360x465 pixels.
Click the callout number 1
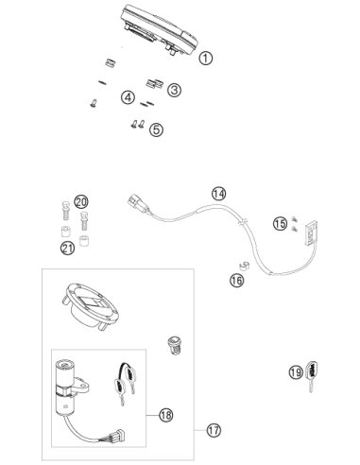(x=206, y=59)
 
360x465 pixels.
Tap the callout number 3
(x=174, y=90)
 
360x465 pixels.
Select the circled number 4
(x=128, y=97)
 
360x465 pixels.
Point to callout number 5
(x=156, y=129)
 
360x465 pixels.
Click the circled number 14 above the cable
(x=218, y=194)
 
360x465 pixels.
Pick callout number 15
(x=280, y=224)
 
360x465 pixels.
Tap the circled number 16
(x=237, y=280)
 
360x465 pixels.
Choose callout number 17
(x=214, y=430)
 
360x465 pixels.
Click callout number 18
(x=165, y=415)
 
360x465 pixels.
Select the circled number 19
(x=296, y=372)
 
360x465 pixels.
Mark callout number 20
(x=81, y=201)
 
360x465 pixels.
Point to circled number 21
(x=67, y=248)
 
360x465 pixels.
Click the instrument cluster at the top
(x=159, y=30)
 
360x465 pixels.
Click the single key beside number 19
(x=312, y=376)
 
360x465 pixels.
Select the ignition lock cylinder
(x=68, y=387)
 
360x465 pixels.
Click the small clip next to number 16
(x=244, y=266)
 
